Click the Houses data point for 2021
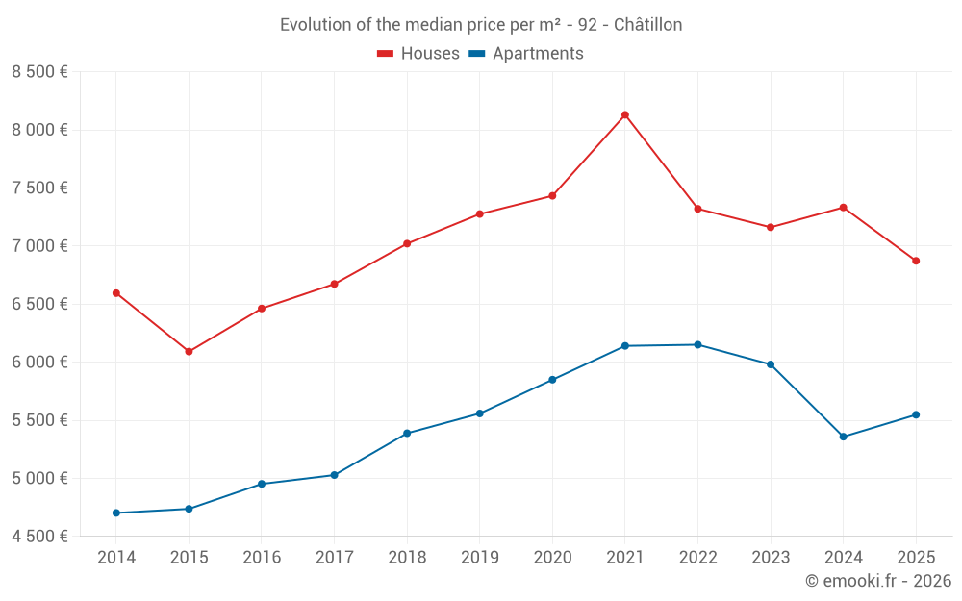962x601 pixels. pyautogui.click(x=625, y=115)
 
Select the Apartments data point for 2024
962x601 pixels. pyautogui.click(x=844, y=437)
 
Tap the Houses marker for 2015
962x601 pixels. pyautogui.click(x=189, y=352)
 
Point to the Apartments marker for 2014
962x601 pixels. pyautogui.click(x=116, y=513)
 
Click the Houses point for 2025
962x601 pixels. pyautogui.click(x=916, y=261)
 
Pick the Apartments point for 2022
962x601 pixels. pyautogui.click(x=697, y=344)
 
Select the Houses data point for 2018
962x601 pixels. pyautogui.click(x=407, y=243)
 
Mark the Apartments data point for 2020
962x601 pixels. pyautogui.click(x=552, y=380)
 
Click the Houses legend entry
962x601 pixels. pyautogui.click(x=418, y=54)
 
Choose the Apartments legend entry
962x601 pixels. pyautogui.click(x=526, y=54)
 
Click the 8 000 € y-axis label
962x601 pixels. pyautogui.click(x=39, y=130)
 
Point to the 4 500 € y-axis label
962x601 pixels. pyautogui.click(x=39, y=537)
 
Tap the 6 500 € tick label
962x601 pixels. pyautogui.click(x=39, y=304)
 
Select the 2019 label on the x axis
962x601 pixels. pyautogui.click(x=479, y=558)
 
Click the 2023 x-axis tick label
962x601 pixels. pyautogui.click(x=771, y=558)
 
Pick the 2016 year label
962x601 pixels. pyautogui.click(x=262, y=558)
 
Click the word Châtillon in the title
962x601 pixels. pyautogui.click(x=646, y=25)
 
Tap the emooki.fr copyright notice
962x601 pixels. pyautogui.click(x=877, y=581)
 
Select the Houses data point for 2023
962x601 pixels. pyautogui.click(x=771, y=227)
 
